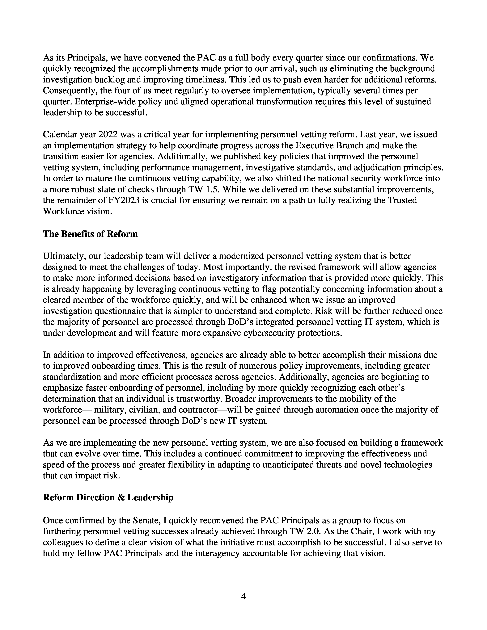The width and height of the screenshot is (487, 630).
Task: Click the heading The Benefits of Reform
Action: point(90,234)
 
